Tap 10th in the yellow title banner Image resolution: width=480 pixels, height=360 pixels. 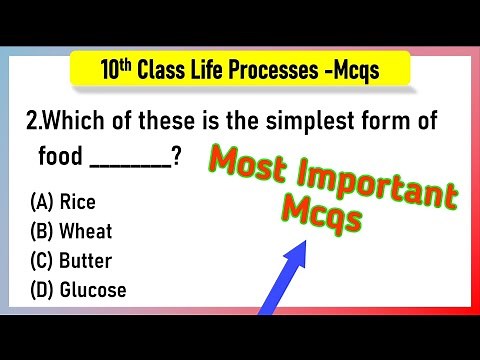117,69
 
